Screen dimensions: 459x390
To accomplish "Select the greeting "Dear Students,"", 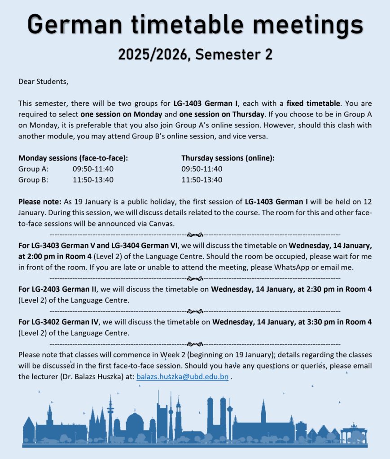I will pos(44,82).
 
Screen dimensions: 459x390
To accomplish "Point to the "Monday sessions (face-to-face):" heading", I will pos(76,158).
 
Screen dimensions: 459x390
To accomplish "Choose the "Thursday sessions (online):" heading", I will pos(228,158).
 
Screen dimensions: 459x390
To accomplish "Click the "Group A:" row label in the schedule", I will pos(34,169).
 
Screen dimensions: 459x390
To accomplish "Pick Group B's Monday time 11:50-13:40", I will pos(93,180).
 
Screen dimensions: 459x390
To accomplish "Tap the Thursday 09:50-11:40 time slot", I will pos(202,169).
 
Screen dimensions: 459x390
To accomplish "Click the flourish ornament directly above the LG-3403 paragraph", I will pos(195,234).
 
